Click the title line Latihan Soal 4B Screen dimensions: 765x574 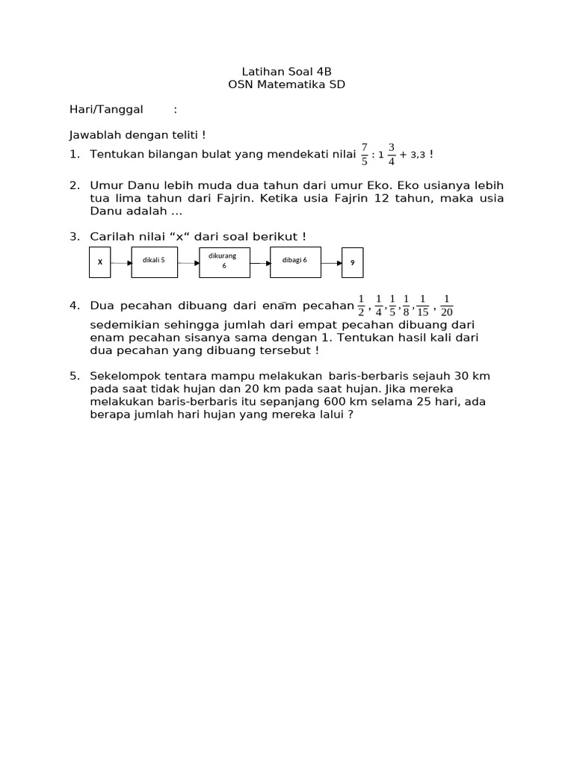(286, 72)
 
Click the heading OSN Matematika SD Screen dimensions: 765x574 (286, 85)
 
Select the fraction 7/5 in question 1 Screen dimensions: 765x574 (365, 154)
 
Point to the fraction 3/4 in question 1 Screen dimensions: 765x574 (391, 154)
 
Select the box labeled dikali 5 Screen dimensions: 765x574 (154, 261)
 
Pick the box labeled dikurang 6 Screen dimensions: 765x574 (223, 261)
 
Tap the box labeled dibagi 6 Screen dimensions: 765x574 (294, 261)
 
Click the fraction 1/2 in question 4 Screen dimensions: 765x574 (362, 306)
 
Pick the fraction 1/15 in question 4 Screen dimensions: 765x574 (423, 306)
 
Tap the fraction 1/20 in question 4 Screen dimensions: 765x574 (447, 306)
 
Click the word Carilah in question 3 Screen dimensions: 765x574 (111, 236)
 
